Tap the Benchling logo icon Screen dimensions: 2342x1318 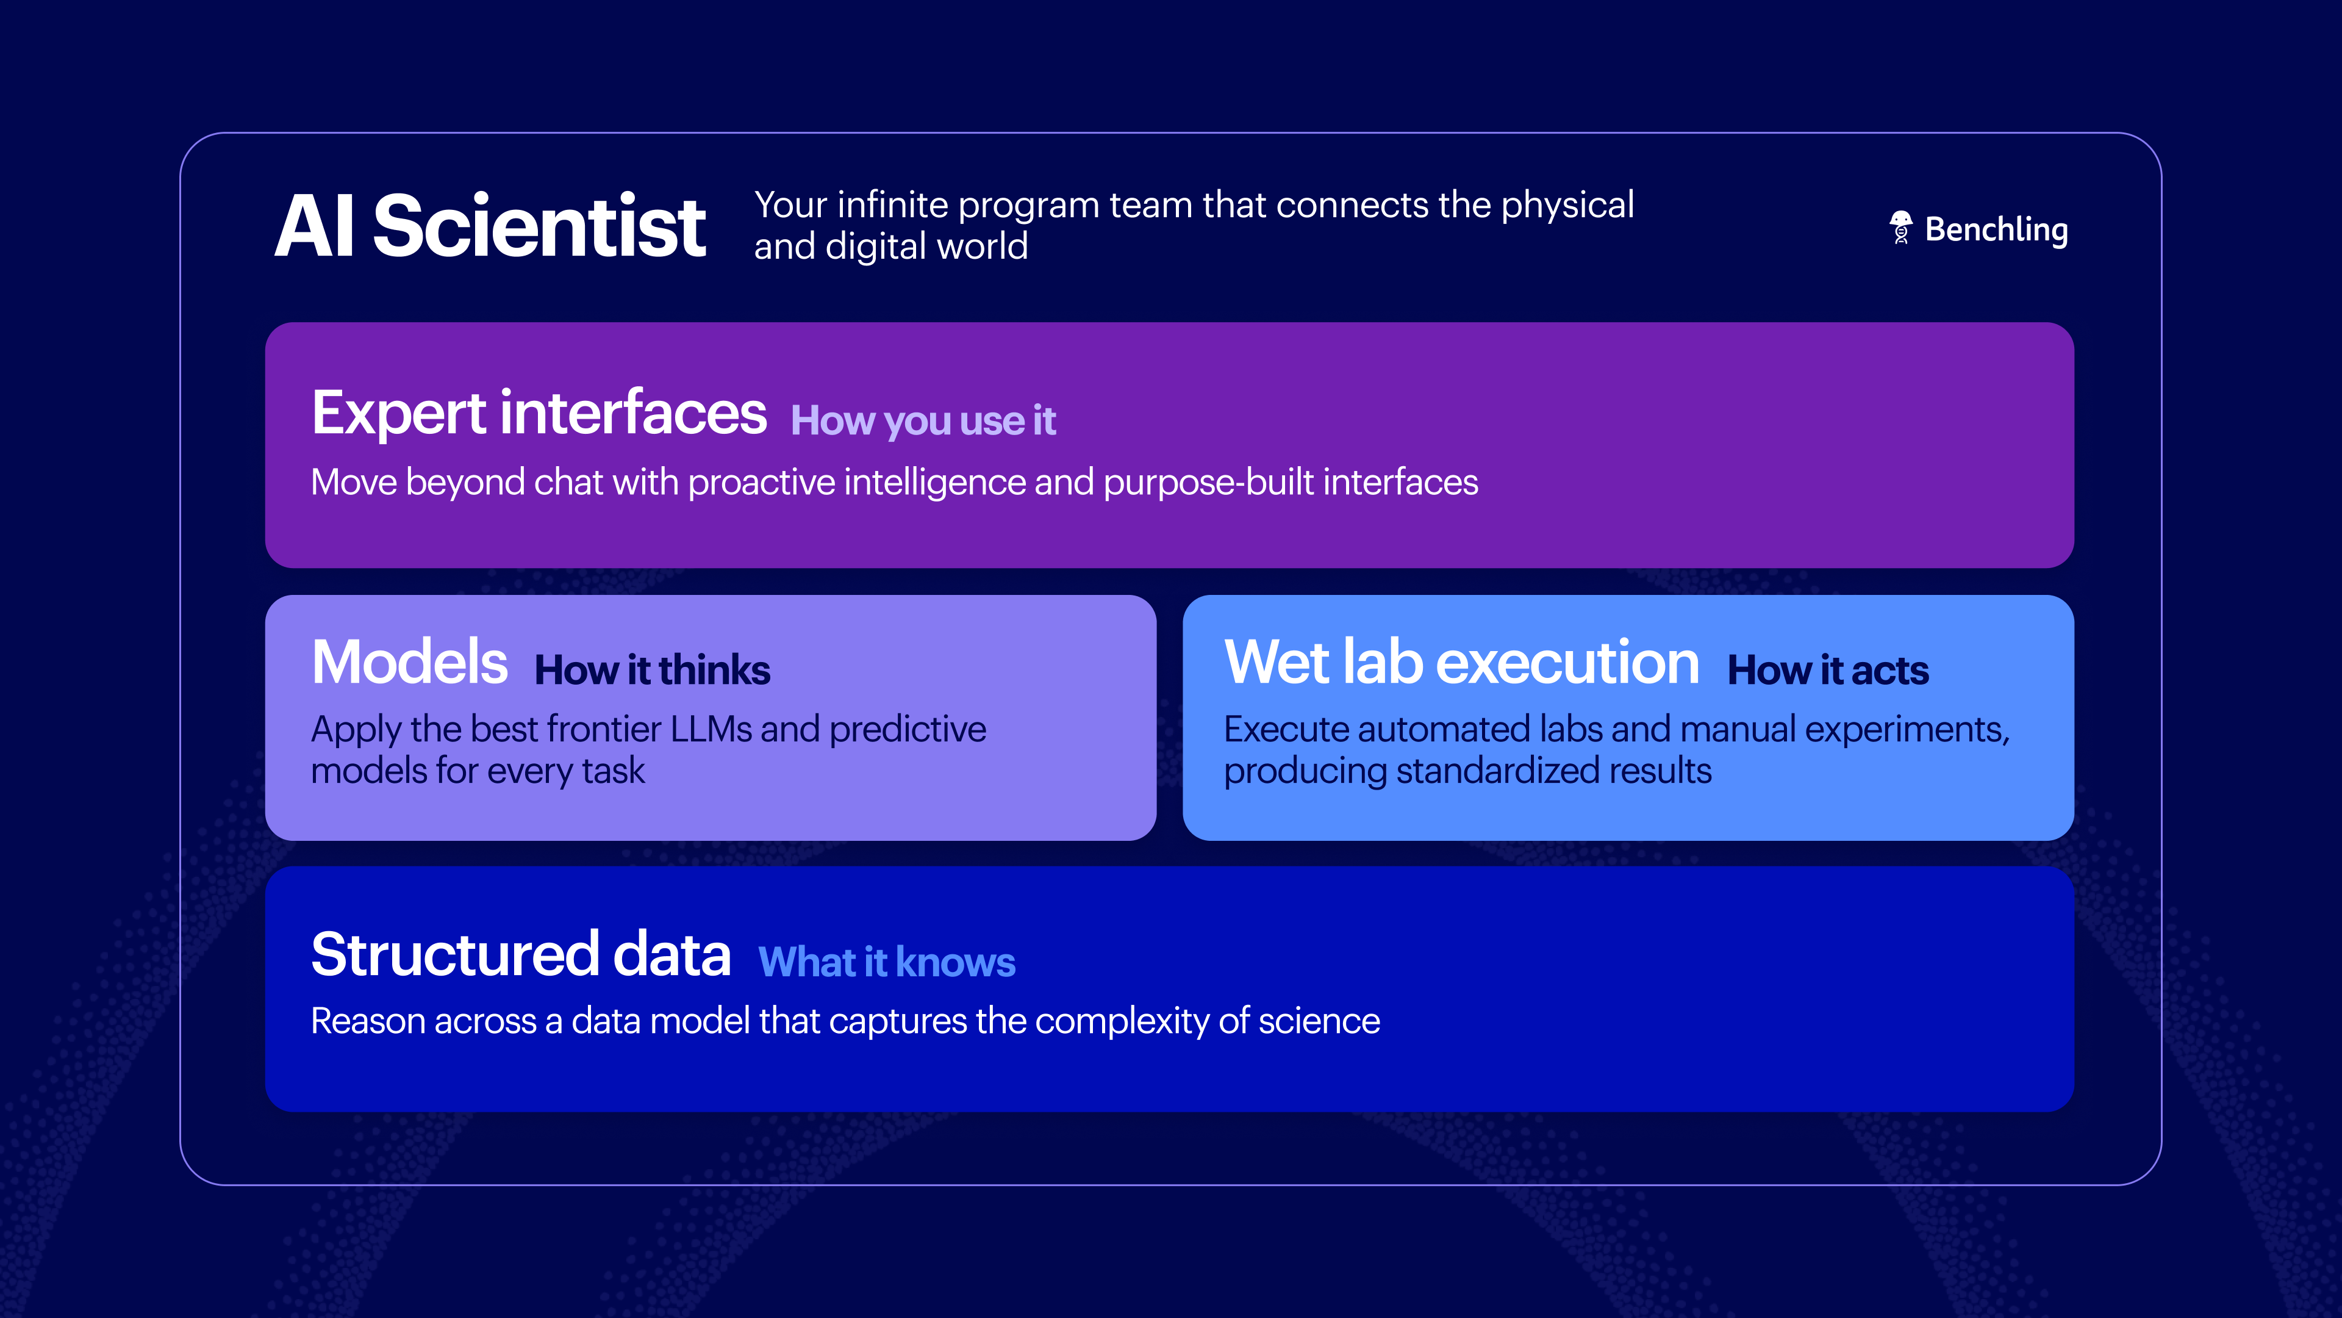[1900, 228]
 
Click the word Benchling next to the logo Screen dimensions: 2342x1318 [1997, 229]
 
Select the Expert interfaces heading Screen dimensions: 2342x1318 [538, 413]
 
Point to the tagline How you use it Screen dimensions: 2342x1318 [923, 421]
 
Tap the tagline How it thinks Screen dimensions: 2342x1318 [652, 671]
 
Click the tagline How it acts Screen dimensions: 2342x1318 [1827, 671]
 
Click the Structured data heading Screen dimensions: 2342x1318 [521, 954]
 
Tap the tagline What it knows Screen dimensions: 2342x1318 [886, 962]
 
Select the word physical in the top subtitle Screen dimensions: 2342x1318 [1567, 206]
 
